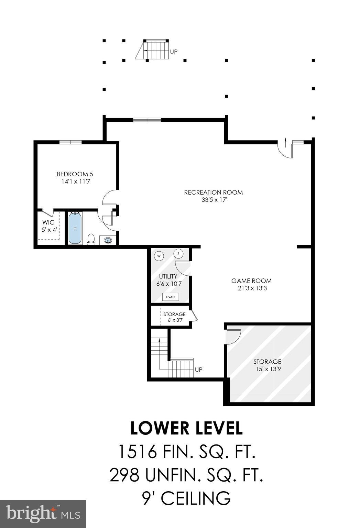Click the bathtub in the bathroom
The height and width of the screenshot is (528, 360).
[x=75, y=228]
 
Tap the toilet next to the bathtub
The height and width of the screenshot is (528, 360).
[x=91, y=239]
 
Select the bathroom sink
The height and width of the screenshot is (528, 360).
[x=108, y=240]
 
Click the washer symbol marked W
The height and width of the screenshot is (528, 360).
[x=159, y=256]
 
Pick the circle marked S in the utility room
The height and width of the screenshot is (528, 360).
[x=178, y=254]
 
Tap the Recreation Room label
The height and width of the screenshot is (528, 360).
[x=213, y=192]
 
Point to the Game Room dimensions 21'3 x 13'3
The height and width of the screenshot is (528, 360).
[x=252, y=288]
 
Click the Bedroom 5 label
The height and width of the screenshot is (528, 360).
[x=75, y=174]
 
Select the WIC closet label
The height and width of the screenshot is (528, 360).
[x=48, y=222]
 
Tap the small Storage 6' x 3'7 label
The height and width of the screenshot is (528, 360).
[x=174, y=314]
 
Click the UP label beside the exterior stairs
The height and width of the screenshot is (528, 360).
[x=174, y=52]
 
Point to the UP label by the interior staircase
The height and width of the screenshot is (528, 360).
[x=198, y=370]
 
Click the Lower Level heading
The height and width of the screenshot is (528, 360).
[x=186, y=428]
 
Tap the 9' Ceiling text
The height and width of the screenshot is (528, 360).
[x=186, y=498]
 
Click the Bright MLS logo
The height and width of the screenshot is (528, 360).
[x=43, y=514]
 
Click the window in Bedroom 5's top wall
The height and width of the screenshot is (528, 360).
[x=70, y=142]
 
